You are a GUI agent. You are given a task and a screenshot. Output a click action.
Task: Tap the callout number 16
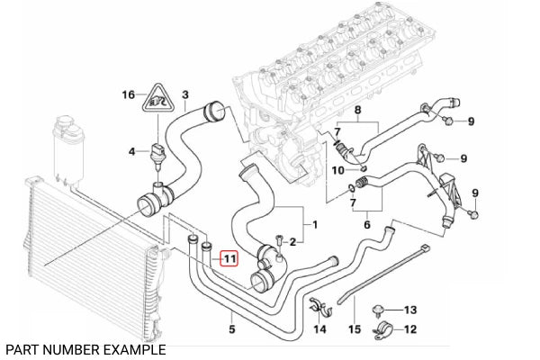pyautogui.click(x=129, y=94)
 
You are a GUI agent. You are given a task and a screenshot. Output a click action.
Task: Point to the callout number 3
pyautogui.click(x=184, y=94)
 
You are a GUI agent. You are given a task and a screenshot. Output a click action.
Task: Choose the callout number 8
pyautogui.click(x=355, y=111)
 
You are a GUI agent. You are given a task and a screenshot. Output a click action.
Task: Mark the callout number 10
pyautogui.click(x=337, y=169)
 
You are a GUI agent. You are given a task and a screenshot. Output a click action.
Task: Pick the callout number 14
pyautogui.click(x=319, y=330)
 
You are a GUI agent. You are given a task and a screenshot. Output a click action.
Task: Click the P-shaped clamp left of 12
pyautogui.click(x=381, y=330)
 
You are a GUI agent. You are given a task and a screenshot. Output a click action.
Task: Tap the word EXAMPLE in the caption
pyautogui.click(x=133, y=349)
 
